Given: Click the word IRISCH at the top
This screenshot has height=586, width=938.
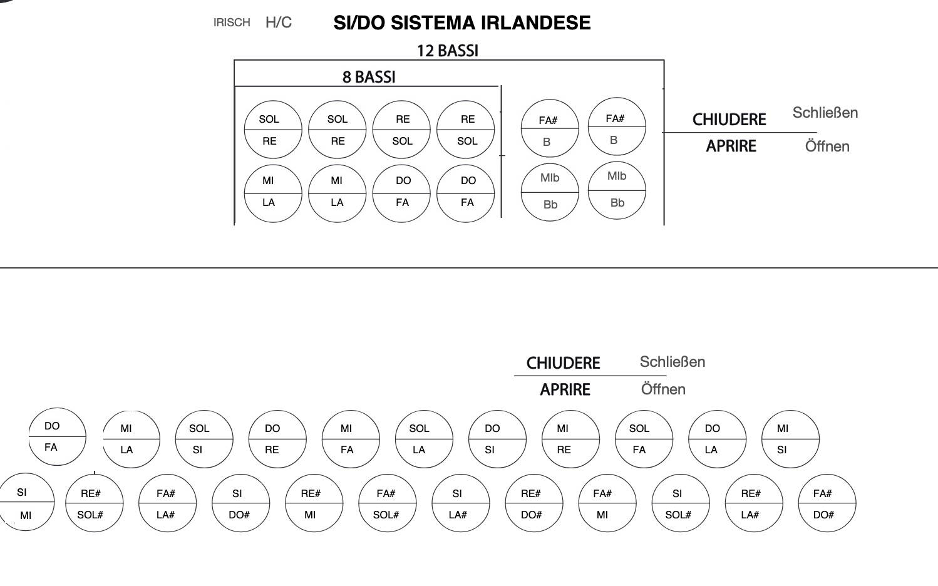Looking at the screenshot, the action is point(232,22).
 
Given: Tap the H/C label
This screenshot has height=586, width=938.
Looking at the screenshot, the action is point(279,22).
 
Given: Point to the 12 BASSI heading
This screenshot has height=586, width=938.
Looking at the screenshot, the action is point(448,51).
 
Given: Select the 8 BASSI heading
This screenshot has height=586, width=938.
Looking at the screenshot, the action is point(369,77).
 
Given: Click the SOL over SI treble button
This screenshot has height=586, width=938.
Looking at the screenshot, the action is point(204,439).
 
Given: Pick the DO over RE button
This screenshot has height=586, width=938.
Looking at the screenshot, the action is point(277,439).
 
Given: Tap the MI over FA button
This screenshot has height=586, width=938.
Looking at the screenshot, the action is point(351,439).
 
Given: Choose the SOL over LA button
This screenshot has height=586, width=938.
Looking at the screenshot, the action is point(424,439).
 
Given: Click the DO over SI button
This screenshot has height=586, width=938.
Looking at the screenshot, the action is point(497,439).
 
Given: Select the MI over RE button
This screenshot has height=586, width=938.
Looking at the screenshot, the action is point(571,439).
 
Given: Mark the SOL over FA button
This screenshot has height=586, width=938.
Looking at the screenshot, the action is point(644,439).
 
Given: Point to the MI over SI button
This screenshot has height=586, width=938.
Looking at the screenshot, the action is point(791,439).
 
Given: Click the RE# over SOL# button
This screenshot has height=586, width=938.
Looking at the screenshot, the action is point(94,503).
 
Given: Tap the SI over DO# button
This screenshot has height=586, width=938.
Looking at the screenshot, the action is point(241,503).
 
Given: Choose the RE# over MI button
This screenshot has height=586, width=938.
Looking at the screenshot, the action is point(314,503).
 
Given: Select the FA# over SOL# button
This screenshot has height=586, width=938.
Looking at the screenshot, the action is point(388,503).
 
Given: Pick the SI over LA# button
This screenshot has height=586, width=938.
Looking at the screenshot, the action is point(461,503).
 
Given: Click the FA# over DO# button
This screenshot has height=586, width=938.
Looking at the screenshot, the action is point(827,503).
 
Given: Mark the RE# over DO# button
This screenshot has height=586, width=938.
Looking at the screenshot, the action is point(534,503).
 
